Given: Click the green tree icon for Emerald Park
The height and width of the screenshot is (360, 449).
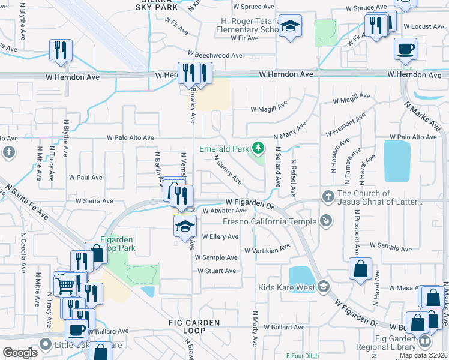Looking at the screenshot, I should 258,148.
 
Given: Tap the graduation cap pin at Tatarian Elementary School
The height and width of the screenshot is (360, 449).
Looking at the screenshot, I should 291,26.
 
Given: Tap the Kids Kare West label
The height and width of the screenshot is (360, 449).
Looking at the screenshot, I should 287,287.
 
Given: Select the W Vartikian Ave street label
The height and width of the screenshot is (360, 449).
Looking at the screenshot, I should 267,250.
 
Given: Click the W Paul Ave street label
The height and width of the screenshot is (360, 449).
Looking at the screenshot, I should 85,178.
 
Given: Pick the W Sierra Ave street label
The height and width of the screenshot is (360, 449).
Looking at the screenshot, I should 94,202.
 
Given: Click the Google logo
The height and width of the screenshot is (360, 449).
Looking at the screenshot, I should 20,352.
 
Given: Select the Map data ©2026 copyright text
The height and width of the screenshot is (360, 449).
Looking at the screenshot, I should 424,355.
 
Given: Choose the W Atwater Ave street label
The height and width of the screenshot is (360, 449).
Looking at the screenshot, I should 224,211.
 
